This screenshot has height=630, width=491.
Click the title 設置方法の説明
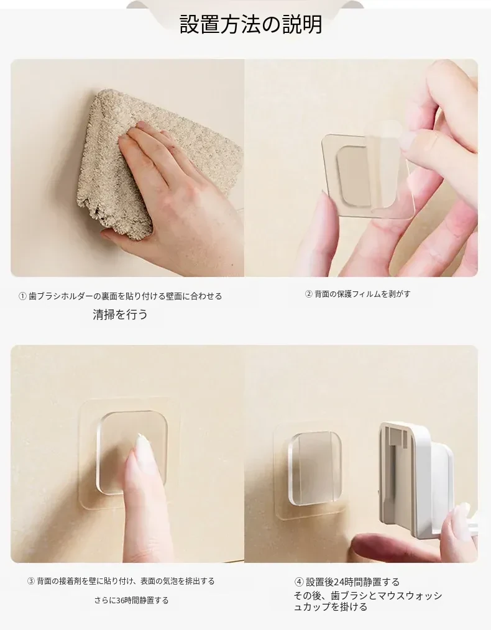tap(250, 25)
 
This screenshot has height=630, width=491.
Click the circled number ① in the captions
tap(22, 296)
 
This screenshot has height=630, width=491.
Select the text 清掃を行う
tap(120, 314)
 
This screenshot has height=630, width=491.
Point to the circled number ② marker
tap(308, 294)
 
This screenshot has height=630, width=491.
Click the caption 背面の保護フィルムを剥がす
tap(362, 294)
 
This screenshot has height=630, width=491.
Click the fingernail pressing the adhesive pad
tap(142, 445)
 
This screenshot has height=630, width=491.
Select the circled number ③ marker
tap(31, 582)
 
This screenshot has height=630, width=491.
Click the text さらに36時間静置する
tap(131, 601)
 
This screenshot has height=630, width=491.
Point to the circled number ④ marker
tap(299, 582)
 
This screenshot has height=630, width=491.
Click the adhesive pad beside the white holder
tap(310, 470)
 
